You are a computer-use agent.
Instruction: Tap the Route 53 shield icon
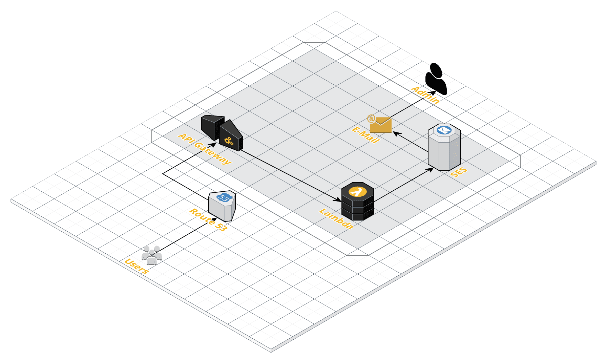click(222, 207)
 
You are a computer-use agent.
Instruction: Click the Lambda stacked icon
click(358, 202)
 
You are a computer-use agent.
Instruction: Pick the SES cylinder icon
click(444, 148)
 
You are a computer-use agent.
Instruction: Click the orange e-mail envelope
click(381, 125)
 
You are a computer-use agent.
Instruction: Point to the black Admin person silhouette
click(436, 79)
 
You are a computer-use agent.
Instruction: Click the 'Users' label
click(137, 266)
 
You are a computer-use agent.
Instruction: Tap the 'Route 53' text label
click(208, 220)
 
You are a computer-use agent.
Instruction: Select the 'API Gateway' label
click(205, 149)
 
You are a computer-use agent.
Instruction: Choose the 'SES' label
click(459, 172)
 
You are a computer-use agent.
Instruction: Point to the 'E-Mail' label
click(365, 135)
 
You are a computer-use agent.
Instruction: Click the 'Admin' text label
click(425, 94)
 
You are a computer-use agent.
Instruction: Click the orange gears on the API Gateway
click(229, 141)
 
